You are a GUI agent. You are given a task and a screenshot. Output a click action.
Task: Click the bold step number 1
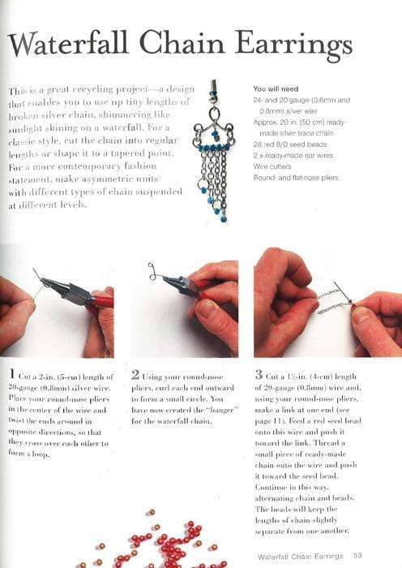(12, 375)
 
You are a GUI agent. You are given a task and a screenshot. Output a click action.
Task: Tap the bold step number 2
(135, 375)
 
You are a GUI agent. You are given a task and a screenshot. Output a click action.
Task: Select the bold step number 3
(258, 375)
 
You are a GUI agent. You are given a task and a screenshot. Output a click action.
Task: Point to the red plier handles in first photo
(98, 302)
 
